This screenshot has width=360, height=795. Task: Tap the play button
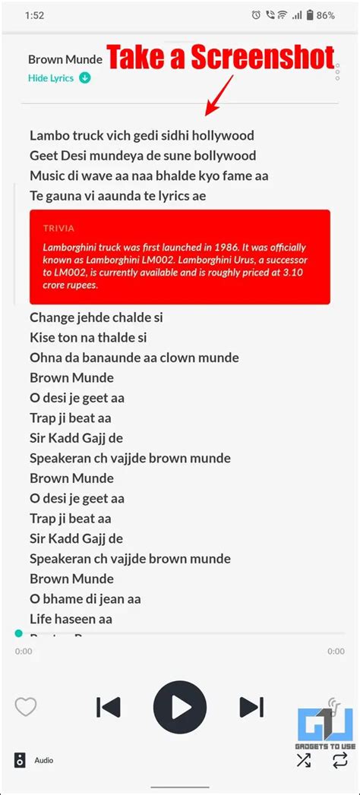(180, 707)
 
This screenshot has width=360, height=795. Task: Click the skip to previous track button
(109, 707)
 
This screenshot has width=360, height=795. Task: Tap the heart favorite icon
(26, 707)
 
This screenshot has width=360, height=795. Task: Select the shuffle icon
(304, 759)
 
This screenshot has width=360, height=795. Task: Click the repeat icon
(339, 759)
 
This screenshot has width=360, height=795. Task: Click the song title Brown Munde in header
(60, 58)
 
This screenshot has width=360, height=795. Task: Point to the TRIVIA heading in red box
(59, 228)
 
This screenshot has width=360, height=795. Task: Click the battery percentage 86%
(325, 15)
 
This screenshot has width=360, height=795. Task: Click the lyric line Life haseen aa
(71, 619)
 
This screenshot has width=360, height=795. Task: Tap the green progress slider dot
(18, 633)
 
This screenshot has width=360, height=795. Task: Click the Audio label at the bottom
(44, 760)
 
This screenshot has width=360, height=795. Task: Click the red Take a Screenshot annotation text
(220, 57)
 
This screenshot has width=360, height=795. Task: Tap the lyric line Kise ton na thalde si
(88, 337)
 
